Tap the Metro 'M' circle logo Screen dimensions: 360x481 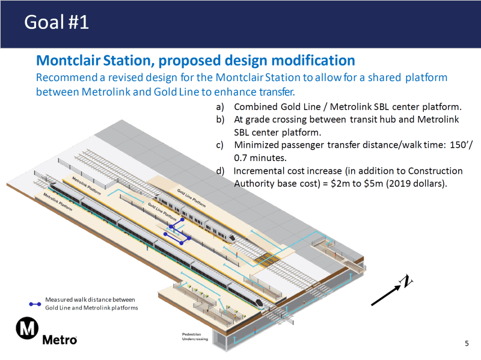tap(27, 329)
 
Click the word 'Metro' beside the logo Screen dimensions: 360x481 tap(60, 340)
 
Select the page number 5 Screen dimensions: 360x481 tap(467, 343)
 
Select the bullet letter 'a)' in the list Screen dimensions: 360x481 tap(220, 107)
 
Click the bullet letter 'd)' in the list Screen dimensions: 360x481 tap(220, 171)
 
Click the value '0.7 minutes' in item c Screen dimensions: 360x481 tap(260, 158)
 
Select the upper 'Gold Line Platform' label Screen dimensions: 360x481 tap(189, 197)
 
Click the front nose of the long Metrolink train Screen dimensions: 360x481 tap(259, 303)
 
